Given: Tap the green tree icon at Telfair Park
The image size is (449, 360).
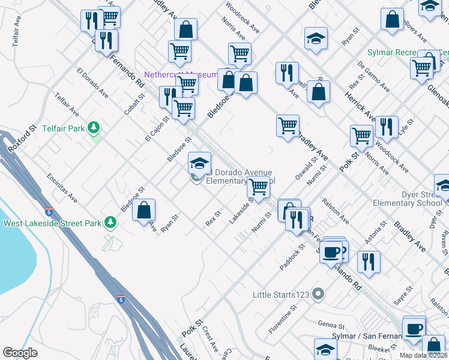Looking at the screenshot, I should tap(94, 127).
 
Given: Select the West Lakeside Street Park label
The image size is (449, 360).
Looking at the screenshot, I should tap(53, 224).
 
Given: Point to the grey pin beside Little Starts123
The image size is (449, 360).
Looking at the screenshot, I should tap(318, 294).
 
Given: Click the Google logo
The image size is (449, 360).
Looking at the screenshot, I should tap(20, 353).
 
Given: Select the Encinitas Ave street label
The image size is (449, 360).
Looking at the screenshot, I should tap(62, 187).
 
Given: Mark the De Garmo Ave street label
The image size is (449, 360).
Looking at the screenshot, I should tap(373, 72).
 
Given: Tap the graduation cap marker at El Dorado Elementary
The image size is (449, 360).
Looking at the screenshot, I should tap(199, 163).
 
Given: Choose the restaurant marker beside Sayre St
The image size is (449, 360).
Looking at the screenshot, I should tap(369, 262).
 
